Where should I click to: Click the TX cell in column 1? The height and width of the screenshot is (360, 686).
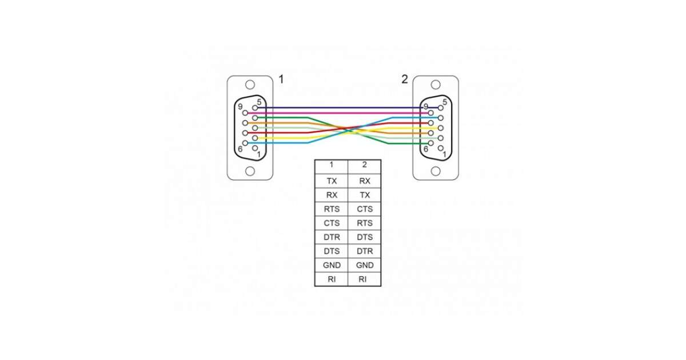click(x=332, y=181)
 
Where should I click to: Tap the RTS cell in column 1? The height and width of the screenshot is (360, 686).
click(x=332, y=209)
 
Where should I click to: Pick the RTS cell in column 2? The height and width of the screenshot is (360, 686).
click(x=365, y=223)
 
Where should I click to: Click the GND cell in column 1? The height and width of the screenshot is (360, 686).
click(x=332, y=266)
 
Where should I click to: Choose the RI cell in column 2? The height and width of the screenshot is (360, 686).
click(x=365, y=279)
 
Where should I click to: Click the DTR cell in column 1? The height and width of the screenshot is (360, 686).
click(x=332, y=237)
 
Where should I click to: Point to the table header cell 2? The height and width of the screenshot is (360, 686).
click(x=365, y=165)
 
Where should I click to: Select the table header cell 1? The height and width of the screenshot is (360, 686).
click(x=332, y=165)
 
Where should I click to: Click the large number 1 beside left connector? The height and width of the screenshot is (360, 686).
click(x=281, y=79)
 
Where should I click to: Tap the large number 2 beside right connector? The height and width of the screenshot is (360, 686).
click(x=405, y=79)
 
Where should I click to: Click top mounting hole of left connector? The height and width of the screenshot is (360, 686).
click(x=250, y=85)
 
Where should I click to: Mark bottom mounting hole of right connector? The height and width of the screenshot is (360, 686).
click(x=436, y=171)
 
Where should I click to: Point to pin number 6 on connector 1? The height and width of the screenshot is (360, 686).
click(x=240, y=149)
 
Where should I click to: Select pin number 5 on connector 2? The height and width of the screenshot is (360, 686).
click(x=445, y=102)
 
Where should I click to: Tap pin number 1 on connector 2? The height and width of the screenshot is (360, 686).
click(x=445, y=154)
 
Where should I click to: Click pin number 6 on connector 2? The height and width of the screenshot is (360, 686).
click(x=426, y=149)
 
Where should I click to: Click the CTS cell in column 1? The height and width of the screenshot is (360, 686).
click(x=332, y=223)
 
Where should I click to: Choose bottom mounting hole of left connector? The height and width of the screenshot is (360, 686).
click(x=250, y=171)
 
